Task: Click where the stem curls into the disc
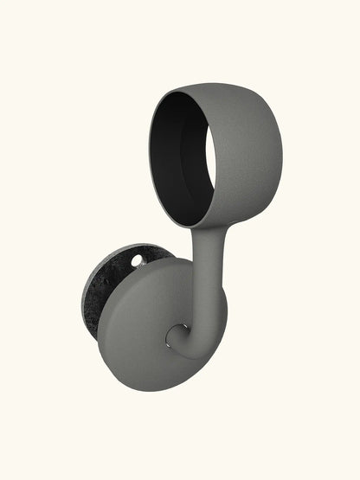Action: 179,333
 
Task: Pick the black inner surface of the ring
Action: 170,147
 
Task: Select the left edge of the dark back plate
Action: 83,294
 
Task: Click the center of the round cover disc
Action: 156,324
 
